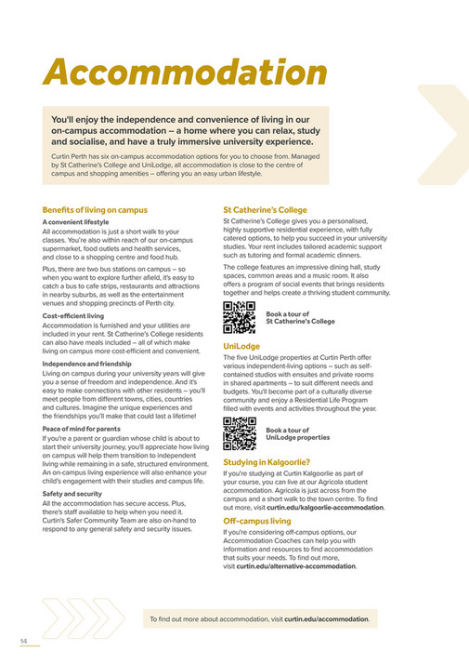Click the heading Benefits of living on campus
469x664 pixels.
coord(95,209)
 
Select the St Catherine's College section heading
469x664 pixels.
coord(265,209)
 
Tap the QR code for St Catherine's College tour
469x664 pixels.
coord(240,317)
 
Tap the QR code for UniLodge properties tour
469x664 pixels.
coord(240,432)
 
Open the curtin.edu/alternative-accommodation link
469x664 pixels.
coord(295,565)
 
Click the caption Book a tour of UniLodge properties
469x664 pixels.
coord(297,433)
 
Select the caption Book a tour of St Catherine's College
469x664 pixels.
coord(300,318)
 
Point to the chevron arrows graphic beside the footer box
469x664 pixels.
coord(73,618)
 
